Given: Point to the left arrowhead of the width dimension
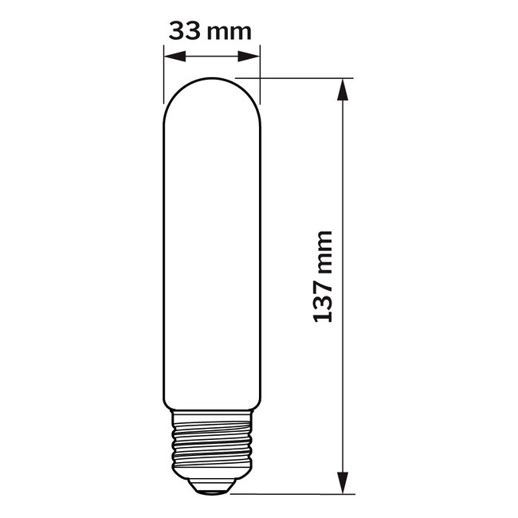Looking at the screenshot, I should pos(171,56).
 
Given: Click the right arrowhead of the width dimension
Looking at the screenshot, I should pos(253,56).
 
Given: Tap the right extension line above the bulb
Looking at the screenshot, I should pos(261,64).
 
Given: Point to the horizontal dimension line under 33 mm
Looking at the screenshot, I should pos(212,56).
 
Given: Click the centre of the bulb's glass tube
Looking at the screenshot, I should pos(212,255).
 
